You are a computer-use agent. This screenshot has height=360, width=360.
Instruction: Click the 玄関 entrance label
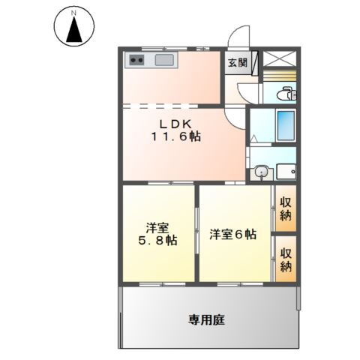click(237, 62)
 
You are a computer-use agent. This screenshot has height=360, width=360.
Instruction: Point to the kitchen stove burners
click(136, 60)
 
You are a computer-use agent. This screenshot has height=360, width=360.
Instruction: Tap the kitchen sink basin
click(164, 60)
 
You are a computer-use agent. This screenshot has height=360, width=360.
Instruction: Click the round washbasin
click(260, 172)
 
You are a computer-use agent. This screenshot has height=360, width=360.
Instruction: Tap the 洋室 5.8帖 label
click(157, 232)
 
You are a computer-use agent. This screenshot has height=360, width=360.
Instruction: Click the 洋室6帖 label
click(232, 234)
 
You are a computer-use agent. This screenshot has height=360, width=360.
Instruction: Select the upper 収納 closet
click(286, 209)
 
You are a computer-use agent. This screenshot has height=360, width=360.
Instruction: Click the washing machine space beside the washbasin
click(286, 172)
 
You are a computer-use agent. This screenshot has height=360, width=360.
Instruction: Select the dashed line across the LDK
click(172, 102)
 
